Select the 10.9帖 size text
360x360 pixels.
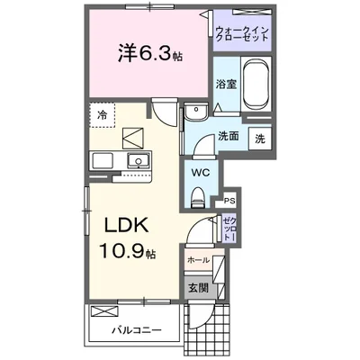click(125, 253)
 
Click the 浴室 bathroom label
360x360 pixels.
click(226, 84)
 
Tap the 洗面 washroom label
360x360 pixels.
click(228, 138)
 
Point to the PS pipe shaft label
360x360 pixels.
click(229, 201)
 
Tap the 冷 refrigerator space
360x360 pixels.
click(104, 114)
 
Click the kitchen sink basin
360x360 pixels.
click(138, 161)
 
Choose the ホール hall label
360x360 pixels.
click(198, 260)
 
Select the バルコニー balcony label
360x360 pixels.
click(137, 328)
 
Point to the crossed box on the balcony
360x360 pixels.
click(103, 311)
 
